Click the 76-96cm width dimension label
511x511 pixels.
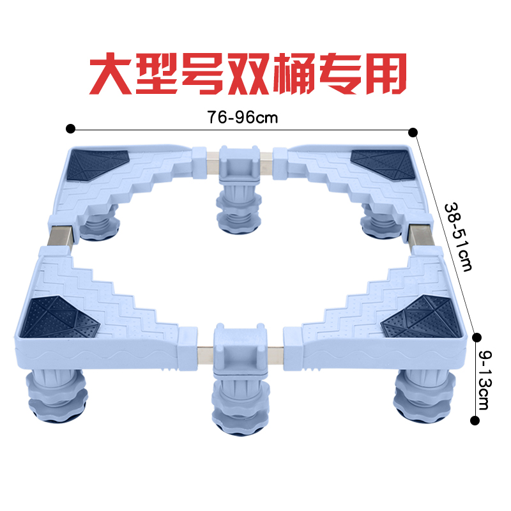(238, 118)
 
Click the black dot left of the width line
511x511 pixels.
(70, 128)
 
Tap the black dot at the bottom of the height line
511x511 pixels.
(475, 420)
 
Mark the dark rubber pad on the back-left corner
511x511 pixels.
(97, 165)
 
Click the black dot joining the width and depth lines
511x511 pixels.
(413, 132)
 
